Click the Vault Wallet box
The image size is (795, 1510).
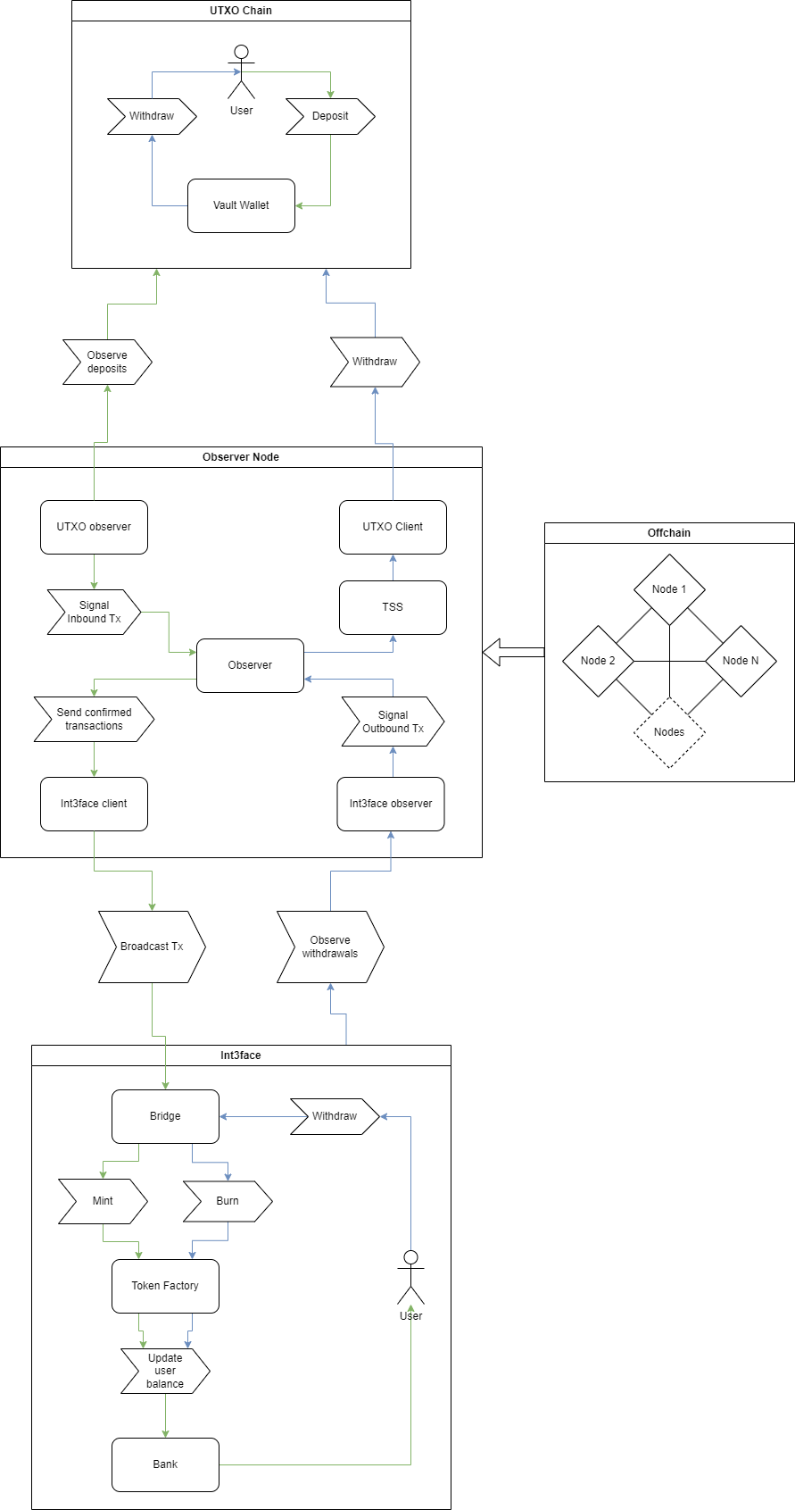(x=241, y=205)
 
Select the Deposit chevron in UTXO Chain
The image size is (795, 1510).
(x=330, y=116)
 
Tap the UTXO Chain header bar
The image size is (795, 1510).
(x=241, y=11)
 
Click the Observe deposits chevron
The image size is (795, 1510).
(x=107, y=362)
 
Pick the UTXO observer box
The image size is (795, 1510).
(x=94, y=527)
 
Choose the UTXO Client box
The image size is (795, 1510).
(x=393, y=527)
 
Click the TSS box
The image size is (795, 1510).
(x=393, y=607)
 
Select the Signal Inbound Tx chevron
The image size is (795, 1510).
(x=94, y=612)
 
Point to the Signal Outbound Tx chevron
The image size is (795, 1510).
(x=393, y=722)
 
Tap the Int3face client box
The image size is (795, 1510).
(x=94, y=804)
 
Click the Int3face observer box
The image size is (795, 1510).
(x=391, y=804)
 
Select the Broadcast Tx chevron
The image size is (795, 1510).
(x=152, y=947)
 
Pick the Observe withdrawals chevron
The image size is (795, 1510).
(x=330, y=947)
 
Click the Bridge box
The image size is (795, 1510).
(x=165, y=1116)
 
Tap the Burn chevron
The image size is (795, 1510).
(x=228, y=1201)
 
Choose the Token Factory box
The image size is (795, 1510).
(x=165, y=1286)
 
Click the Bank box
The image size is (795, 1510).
(x=165, y=1464)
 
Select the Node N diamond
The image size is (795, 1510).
(x=741, y=661)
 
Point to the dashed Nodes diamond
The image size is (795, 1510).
(x=669, y=732)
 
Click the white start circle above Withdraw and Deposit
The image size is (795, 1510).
(x=241, y=52)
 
